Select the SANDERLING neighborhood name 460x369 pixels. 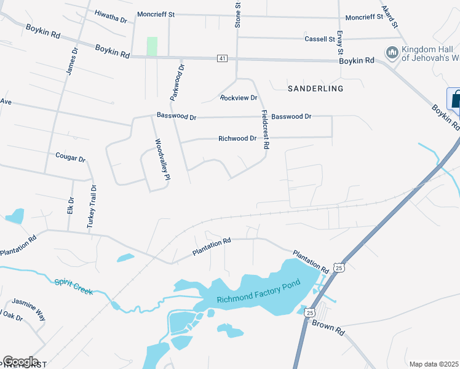[315, 89]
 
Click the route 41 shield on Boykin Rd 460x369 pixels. [222, 58]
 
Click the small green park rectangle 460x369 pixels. [152, 46]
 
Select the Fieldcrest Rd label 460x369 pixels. [266, 129]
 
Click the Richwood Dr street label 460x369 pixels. [237, 138]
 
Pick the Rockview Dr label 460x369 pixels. [238, 98]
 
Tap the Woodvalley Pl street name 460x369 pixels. [162, 159]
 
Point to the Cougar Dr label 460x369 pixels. [70, 158]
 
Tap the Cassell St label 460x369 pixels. [319, 39]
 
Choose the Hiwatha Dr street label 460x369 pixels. [110, 16]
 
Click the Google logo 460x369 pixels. [20, 362]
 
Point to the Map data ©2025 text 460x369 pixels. [434, 364]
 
